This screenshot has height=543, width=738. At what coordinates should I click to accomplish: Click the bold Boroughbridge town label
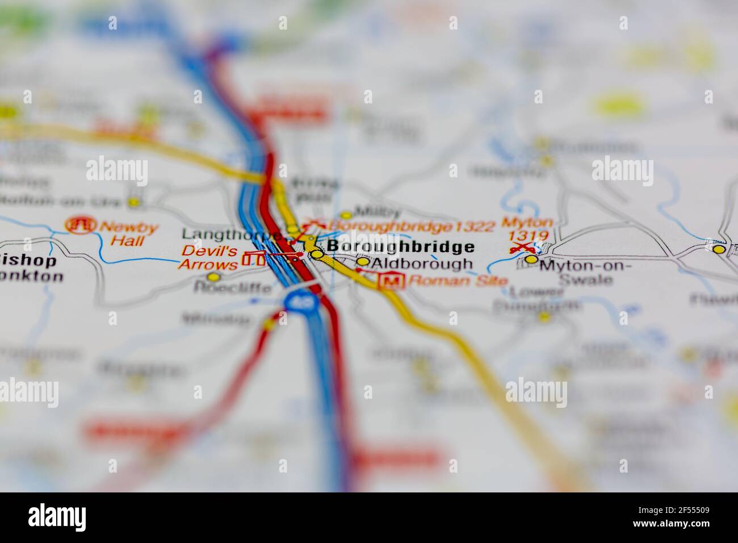tap(401, 247)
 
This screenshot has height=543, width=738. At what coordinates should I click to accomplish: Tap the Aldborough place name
tap(422, 264)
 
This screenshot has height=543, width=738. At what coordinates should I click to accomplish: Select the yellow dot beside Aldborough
tap(362, 262)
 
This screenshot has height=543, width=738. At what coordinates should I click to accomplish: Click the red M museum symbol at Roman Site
tap(391, 281)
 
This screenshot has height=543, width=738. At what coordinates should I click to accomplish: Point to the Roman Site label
tap(450, 280)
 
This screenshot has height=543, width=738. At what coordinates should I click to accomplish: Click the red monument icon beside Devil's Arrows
tap(253, 260)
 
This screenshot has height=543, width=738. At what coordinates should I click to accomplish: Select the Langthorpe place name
tap(231, 234)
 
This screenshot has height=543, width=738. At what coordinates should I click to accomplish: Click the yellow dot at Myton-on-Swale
tap(531, 260)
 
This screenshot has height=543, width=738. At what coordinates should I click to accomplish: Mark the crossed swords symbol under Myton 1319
tap(521, 248)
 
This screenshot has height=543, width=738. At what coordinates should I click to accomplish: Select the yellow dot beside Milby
tap(346, 215)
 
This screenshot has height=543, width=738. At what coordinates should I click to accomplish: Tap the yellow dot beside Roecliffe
tap(213, 277)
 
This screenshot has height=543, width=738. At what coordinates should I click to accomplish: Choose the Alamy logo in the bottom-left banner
tap(57, 517)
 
